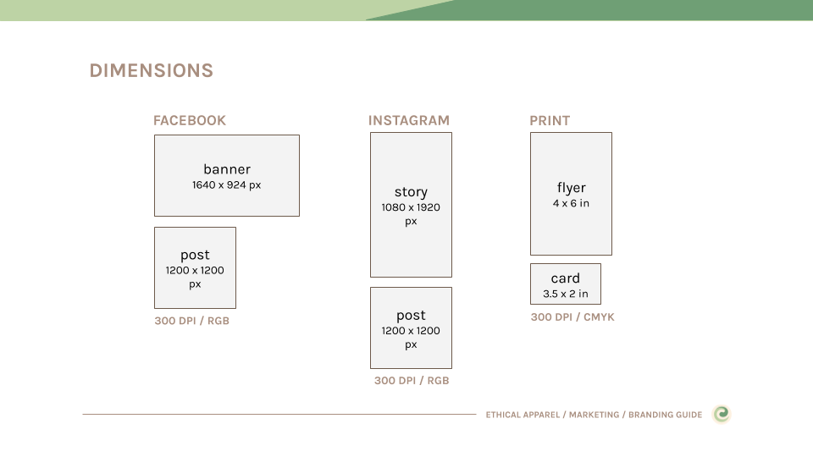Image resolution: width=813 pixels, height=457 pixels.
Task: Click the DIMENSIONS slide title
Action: [x=152, y=70]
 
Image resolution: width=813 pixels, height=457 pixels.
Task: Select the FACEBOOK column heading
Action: [x=190, y=121]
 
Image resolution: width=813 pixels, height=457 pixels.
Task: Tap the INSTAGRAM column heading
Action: [x=409, y=121]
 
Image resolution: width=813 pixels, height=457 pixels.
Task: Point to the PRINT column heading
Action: [x=550, y=121]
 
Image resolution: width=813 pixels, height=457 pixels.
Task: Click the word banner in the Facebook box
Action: [x=227, y=169]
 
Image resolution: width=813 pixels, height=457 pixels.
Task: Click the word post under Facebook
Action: [x=195, y=256]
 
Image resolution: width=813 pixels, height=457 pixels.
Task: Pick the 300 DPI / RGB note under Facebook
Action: [x=192, y=321]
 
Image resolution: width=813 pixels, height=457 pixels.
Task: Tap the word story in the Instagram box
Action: [x=412, y=192]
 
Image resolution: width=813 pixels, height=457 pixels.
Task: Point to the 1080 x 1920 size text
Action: [x=411, y=207]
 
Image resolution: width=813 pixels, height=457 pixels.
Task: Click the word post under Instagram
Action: [x=412, y=316]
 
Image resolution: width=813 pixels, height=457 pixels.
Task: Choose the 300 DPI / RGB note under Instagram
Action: [x=412, y=380]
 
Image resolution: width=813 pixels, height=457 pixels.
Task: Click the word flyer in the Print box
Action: [x=572, y=188]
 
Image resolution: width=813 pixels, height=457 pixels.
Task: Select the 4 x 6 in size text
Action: [x=571, y=203]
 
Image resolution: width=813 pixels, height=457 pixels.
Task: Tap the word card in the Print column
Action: [x=566, y=278]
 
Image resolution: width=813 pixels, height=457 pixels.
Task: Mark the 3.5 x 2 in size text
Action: [x=566, y=294]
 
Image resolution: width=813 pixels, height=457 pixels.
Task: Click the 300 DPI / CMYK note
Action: [x=572, y=317]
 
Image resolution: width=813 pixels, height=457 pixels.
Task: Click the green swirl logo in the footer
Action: [x=722, y=414]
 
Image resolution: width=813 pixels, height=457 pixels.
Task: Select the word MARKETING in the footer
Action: [x=595, y=415]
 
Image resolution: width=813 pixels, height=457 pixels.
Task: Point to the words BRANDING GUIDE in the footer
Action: [x=666, y=415]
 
